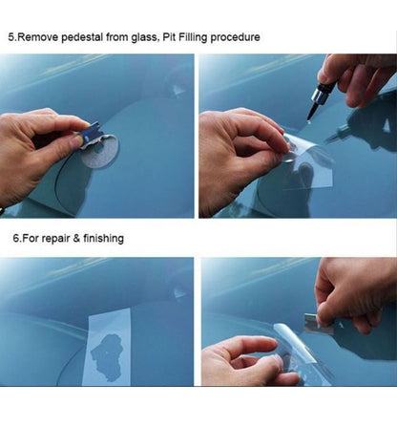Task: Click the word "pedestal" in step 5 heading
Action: pyautogui.click(x=82, y=37)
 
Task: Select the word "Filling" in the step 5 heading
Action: pyautogui.click(x=193, y=37)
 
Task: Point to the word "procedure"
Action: pyautogui.click(x=235, y=37)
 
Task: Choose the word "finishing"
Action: pyautogui.click(x=103, y=239)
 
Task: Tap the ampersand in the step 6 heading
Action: pyautogui.click(x=76, y=238)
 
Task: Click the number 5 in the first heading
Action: pyautogui.click(x=11, y=37)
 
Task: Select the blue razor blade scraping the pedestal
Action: pyautogui.click(x=91, y=134)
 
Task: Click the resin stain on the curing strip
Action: pyautogui.click(x=107, y=356)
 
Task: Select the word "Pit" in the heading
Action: pyautogui.click(x=168, y=37)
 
